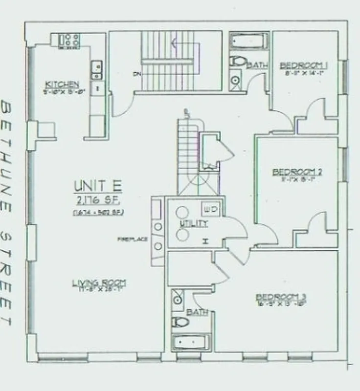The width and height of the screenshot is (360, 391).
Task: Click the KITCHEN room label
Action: tap(62, 84)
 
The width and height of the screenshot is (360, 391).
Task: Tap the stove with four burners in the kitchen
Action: tap(69, 40)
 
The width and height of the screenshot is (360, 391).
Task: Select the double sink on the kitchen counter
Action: tap(96, 69)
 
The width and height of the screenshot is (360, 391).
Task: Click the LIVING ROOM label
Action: tap(99, 282)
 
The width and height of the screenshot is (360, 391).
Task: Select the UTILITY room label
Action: tap(195, 224)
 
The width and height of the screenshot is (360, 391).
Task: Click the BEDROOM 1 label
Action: tap(303, 65)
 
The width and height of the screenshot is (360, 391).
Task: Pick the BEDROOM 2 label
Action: tap(297, 172)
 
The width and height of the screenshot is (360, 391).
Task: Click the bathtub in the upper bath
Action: tap(249, 41)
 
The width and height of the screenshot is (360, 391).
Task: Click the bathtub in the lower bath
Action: tap(191, 342)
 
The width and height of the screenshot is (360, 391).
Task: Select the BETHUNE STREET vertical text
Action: tap(7, 213)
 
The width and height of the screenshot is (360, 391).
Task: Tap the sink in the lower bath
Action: tap(177, 299)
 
